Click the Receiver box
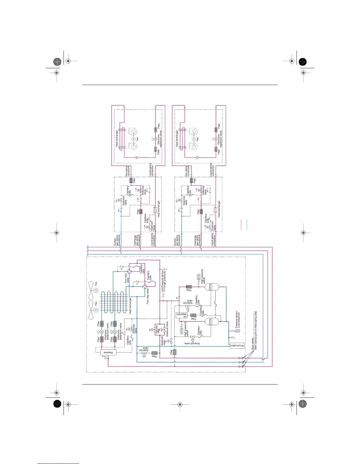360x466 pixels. [108, 352]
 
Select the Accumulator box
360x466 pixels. [237, 346]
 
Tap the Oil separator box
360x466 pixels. [181, 316]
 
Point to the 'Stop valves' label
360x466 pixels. [253, 344]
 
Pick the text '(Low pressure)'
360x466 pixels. [239, 320]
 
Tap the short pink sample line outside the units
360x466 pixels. [241, 224]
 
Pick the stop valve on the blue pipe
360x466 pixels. [241, 362]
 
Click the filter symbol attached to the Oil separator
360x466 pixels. [193, 316]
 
